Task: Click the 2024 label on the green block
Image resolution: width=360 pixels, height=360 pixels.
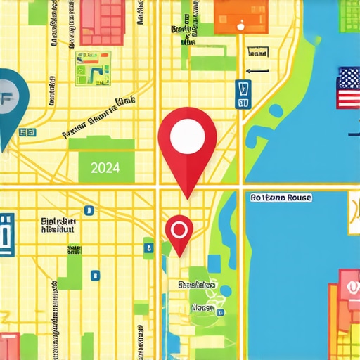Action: point(105,168)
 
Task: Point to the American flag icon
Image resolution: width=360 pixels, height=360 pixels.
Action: point(349,89)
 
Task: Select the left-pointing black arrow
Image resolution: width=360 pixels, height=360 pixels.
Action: point(258,70)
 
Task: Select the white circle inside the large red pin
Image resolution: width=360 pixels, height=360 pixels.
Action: point(187,132)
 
